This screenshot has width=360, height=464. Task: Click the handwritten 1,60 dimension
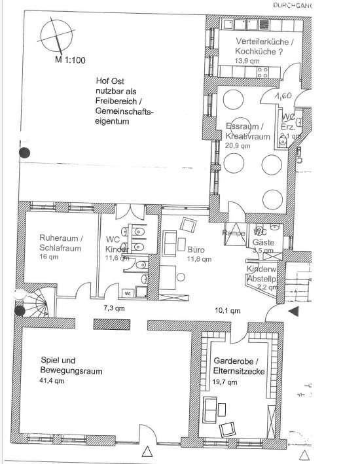(283, 96)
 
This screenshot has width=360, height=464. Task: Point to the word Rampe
(234, 232)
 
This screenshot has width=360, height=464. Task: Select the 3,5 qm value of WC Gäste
(263, 250)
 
